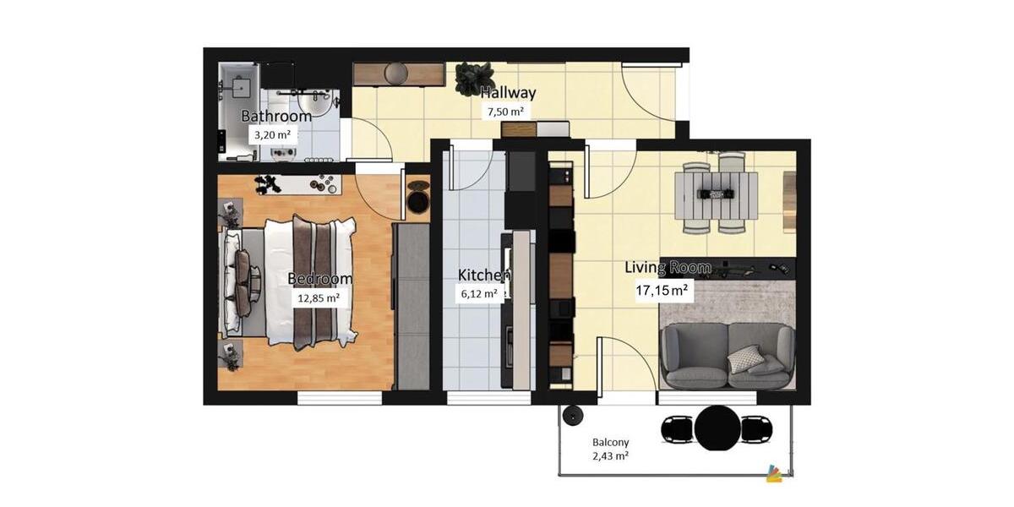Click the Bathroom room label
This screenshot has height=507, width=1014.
[276, 116]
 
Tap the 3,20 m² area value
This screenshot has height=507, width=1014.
[272, 134]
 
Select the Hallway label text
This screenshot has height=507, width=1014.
[508, 93]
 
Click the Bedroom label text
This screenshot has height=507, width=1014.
[319, 279]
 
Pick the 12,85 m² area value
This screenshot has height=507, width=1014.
[319, 297]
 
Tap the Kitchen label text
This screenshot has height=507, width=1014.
[483, 275]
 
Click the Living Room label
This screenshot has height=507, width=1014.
[667, 268]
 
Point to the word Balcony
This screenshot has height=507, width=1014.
[610, 442]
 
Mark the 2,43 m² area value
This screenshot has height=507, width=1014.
[610, 456]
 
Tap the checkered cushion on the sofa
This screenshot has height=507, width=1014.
[746, 359]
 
